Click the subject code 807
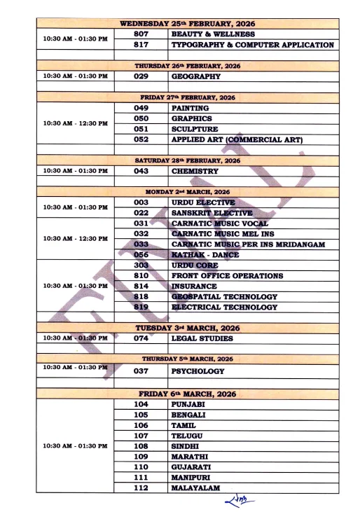(141, 34)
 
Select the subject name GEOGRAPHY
(196, 76)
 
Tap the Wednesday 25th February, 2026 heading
(188, 23)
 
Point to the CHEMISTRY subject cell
(194, 171)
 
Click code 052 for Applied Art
(141, 139)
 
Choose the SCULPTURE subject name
(195, 129)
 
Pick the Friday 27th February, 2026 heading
(188, 97)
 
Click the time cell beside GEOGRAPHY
(76, 76)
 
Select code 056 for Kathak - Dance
(141, 255)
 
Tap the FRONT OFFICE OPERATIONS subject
(227, 276)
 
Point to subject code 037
(141, 371)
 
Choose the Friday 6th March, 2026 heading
(188, 394)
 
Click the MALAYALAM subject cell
(195, 487)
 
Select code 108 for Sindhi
(141, 445)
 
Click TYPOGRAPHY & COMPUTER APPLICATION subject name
(252, 45)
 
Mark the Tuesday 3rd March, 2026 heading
(188, 328)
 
